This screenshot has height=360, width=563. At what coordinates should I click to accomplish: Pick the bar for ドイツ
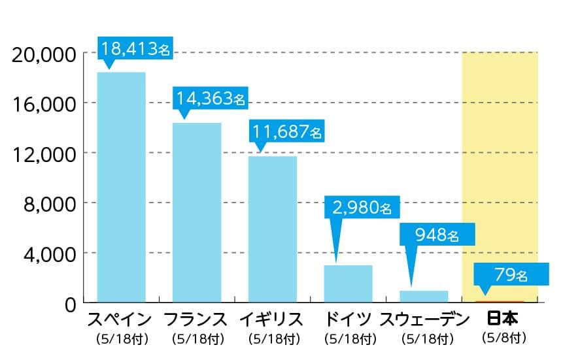348,284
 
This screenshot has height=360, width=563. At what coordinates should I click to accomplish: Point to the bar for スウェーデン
424,296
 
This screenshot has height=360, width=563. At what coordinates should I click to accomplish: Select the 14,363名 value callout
211,98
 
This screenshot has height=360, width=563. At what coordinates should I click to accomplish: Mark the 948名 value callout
437,235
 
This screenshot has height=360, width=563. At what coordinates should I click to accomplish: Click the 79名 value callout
510,274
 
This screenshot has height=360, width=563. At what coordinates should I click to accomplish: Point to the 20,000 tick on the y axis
45,54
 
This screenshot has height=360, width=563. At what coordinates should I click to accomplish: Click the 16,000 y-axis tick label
45,103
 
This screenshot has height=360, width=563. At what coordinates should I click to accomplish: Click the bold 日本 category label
503,319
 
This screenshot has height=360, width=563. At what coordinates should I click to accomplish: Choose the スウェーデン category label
424,320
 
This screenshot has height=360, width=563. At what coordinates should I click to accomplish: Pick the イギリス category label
271,320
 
